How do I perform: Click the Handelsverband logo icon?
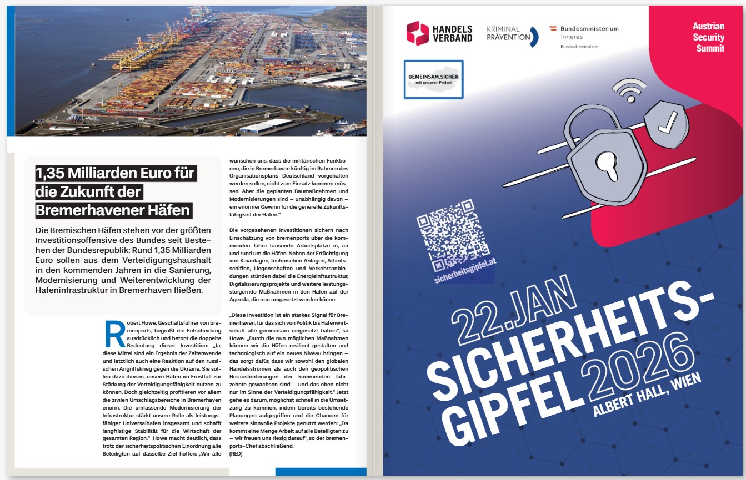coord(418,33)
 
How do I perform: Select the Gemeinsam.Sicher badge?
coord(433,79)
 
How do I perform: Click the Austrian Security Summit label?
coord(708,37)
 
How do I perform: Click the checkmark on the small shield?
coord(666,122)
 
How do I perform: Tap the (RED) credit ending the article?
coord(237,453)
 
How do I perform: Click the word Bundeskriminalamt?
coord(579,47)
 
